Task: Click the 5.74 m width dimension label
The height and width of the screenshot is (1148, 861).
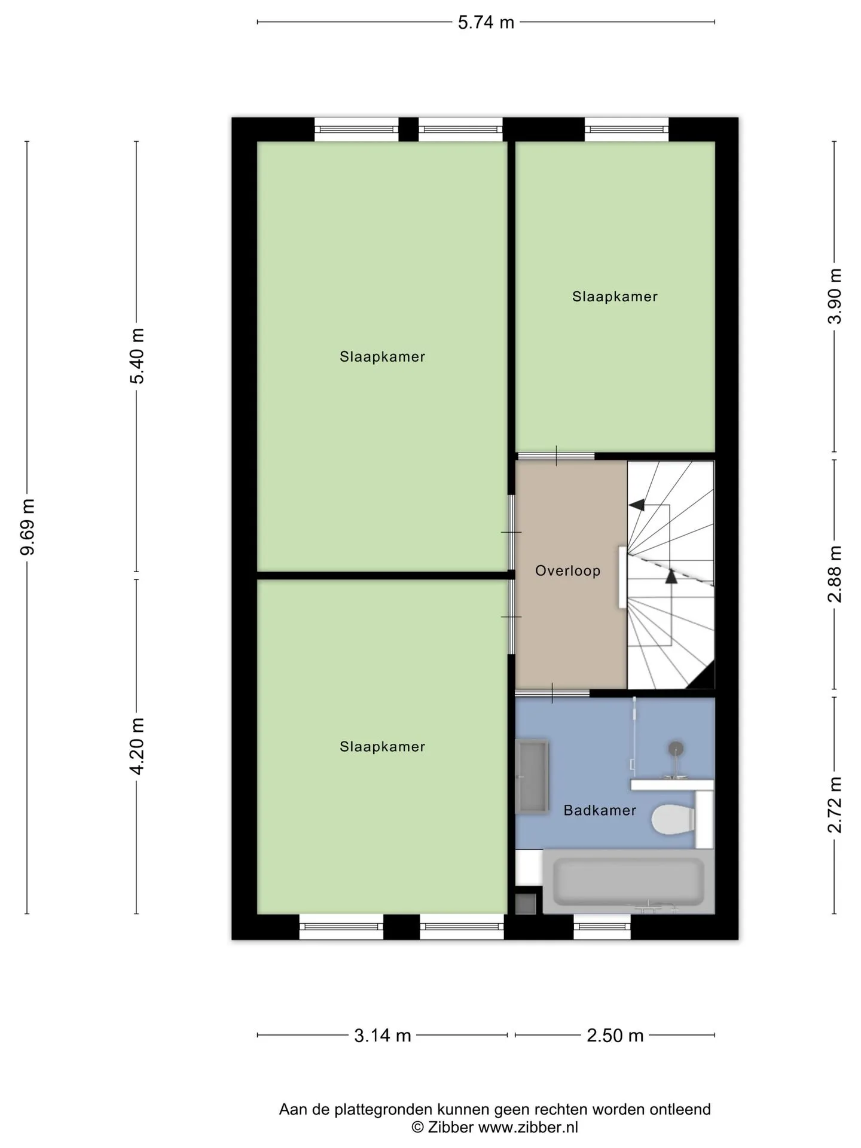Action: pos(486,23)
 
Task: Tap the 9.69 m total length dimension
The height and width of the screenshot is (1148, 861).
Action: pos(28,526)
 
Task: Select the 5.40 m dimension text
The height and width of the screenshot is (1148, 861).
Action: pos(138,356)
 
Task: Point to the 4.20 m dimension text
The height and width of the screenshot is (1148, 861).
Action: pos(138,746)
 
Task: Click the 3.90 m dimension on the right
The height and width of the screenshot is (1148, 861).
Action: pos(835,296)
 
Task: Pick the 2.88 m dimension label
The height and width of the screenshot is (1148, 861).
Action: pos(835,574)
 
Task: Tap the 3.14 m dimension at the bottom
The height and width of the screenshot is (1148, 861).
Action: pos(383,1036)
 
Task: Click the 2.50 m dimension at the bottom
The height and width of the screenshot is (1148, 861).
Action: pos(615,1036)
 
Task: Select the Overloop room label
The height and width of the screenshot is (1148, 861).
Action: pos(567,571)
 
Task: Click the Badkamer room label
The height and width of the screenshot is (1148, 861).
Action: pos(600,810)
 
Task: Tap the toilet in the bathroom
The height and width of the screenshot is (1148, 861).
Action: pos(673,819)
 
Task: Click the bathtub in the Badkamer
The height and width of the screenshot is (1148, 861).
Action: pos(628,881)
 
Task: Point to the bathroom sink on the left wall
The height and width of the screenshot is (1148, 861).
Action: pos(532,777)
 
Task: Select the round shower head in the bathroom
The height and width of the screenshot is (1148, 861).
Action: pos(676,748)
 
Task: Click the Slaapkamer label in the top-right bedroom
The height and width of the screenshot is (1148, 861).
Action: pos(615,297)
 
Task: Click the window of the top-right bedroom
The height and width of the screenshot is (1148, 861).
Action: pos(626,129)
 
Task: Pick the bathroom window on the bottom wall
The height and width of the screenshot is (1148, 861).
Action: pos(602,927)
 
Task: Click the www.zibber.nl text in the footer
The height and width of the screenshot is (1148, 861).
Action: pos(528,1128)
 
